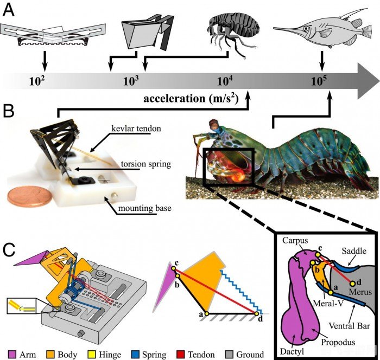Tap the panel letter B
[9, 112]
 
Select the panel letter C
[9, 250]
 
